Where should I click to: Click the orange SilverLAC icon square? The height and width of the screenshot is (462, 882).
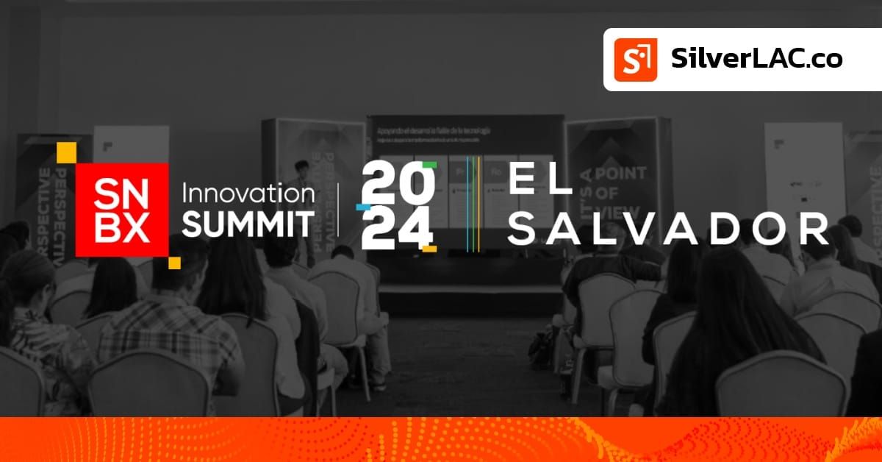coord(636,60)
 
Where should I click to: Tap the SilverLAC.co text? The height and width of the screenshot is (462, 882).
coord(756,59)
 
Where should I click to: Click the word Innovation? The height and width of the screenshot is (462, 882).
coord(248,193)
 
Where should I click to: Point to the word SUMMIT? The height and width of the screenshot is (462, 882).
coord(248,224)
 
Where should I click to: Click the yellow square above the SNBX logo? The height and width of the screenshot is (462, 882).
coord(67,152)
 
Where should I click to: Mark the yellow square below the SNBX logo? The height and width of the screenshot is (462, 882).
coord(174,263)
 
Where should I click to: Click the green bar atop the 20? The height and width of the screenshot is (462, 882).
coord(429,165)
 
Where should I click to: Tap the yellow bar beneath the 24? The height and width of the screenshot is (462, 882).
coord(429,249)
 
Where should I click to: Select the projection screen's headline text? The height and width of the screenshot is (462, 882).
coord(434,131)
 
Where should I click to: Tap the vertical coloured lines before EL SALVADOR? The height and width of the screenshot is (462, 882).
coord(473,204)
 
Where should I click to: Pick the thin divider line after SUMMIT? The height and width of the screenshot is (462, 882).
coord(338,209)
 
